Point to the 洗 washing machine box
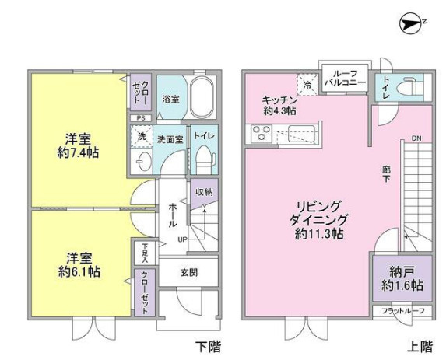pos(142,137)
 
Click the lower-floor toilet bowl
pos(204,163)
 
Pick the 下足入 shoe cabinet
pos(143,252)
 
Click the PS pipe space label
pos(142,118)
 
